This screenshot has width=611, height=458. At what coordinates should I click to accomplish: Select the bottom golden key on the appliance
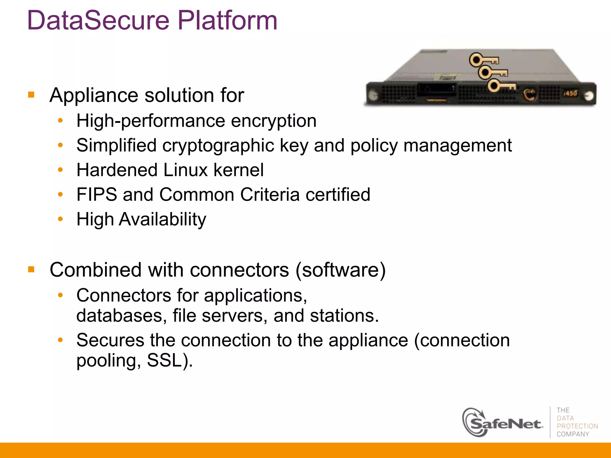[501, 86]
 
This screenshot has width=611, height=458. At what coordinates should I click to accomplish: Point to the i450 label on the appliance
[570, 93]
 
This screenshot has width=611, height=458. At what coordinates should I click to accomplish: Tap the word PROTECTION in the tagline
[577, 426]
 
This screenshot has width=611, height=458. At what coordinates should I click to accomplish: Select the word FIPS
[97, 195]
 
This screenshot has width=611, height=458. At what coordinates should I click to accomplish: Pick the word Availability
[162, 219]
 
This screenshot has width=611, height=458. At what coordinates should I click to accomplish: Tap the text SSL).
[170, 360]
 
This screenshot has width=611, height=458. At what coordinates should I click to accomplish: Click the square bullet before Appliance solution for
[31, 95]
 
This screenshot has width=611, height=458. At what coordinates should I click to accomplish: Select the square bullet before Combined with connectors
[31, 270]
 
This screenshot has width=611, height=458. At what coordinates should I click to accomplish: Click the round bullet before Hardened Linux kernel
[61, 170]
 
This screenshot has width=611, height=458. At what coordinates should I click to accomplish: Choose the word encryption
[274, 121]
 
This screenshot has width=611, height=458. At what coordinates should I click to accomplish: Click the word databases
[121, 316]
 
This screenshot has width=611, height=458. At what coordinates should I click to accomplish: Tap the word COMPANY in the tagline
[573, 434]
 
